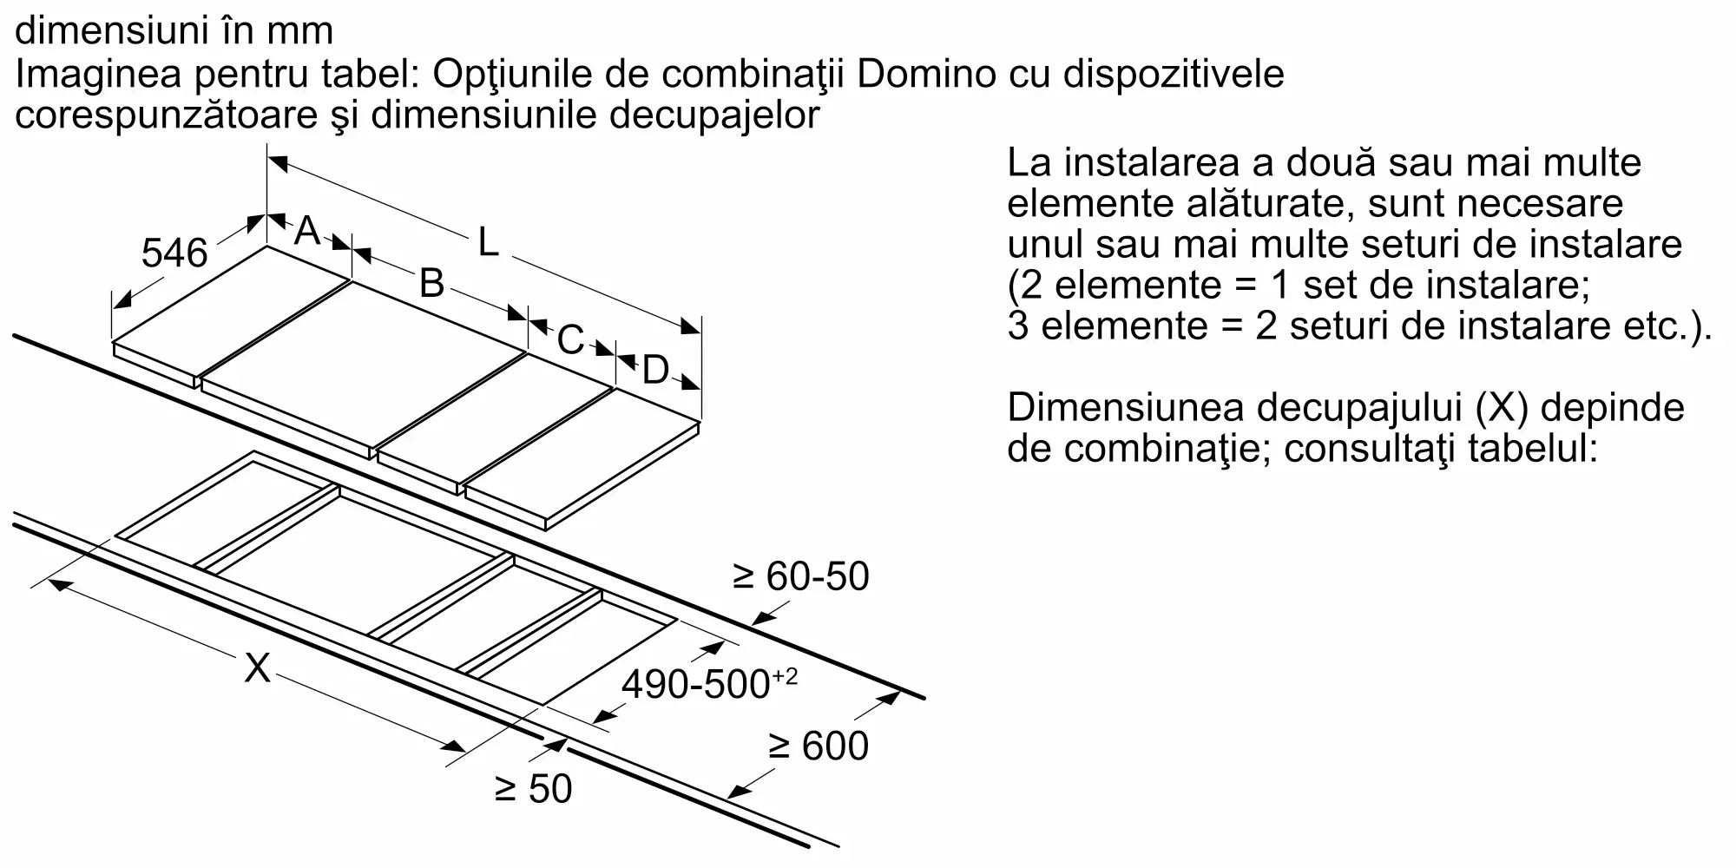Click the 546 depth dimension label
coord(174,253)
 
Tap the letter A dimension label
coord(306,231)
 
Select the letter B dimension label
coord(431,283)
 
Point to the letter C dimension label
coord(570,339)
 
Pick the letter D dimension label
coord(655,371)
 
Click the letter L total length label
coord(489,243)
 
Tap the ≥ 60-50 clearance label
coord(800,576)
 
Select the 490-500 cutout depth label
coord(708,684)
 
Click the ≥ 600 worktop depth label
coord(818,746)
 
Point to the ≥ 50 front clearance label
coord(533,788)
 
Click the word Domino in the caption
coord(926,74)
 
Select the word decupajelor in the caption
coord(713,115)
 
